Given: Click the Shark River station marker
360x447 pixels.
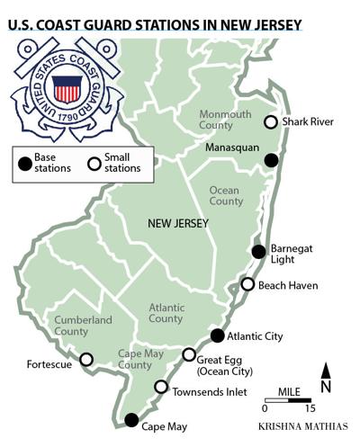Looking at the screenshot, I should pyautogui.click(x=269, y=122).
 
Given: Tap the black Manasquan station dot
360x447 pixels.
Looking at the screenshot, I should pyautogui.click(x=271, y=160).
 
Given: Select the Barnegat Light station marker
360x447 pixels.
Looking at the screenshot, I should pyautogui.click(x=258, y=251).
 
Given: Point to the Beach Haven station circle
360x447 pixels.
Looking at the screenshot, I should pyautogui.click(x=247, y=284).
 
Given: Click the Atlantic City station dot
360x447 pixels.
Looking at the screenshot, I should pyautogui.click(x=217, y=335).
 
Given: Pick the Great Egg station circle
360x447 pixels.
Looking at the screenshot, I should pyautogui.click(x=189, y=354).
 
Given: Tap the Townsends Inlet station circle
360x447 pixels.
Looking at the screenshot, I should pyautogui.click(x=161, y=387).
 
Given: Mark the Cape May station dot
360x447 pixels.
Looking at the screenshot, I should pyautogui.click(x=131, y=419).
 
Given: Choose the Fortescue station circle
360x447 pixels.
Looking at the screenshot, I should pyautogui.click(x=86, y=359).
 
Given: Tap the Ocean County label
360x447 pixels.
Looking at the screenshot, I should pyautogui.click(x=225, y=196).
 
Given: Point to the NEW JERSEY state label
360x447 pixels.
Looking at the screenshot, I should pyautogui.click(x=178, y=223).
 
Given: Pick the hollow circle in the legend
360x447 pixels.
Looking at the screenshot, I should pyautogui.click(x=92, y=163).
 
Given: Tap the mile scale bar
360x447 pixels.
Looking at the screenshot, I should pyautogui.click(x=288, y=398).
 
